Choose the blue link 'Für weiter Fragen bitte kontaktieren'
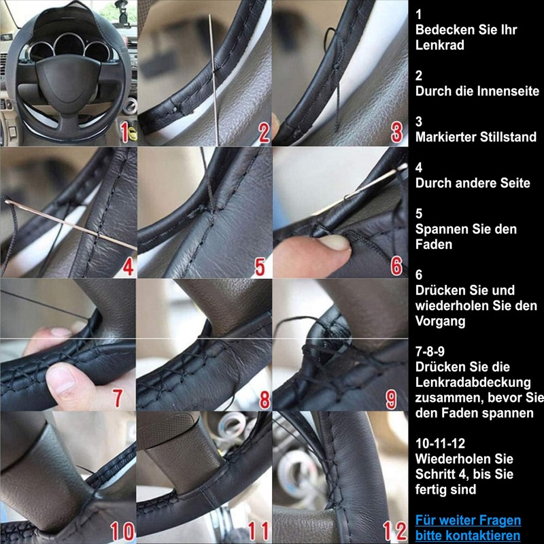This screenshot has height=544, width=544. [468, 528]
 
